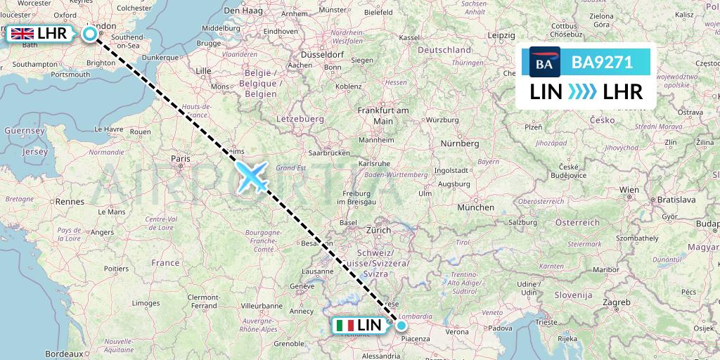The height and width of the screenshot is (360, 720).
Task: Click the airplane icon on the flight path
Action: [x=252, y=176]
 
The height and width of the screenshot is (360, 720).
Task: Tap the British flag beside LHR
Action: [x=22, y=33]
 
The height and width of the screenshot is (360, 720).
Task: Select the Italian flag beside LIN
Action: [x=345, y=326]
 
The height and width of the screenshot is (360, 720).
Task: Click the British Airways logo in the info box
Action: [x=544, y=63]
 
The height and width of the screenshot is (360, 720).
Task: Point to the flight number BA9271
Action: [x=602, y=63]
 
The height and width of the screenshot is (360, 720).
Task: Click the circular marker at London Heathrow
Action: [x=90, y=33]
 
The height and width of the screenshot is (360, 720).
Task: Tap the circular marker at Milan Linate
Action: [x=401, y=325]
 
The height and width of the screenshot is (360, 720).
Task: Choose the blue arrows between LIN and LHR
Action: [x=581, y=91]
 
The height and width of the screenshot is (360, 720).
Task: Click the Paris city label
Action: [x=180, y=159]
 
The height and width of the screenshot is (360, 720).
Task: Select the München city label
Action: [x=475, y=207]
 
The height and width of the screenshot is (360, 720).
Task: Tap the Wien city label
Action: [x=629, y=190]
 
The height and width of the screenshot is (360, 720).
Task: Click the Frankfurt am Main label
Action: [x=383, y=116]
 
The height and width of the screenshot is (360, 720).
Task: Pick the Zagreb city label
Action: [x=616, y=302]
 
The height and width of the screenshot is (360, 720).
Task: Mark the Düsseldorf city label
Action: [x=321, y=54]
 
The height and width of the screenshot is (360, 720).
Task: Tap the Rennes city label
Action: [x=70, y=201]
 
